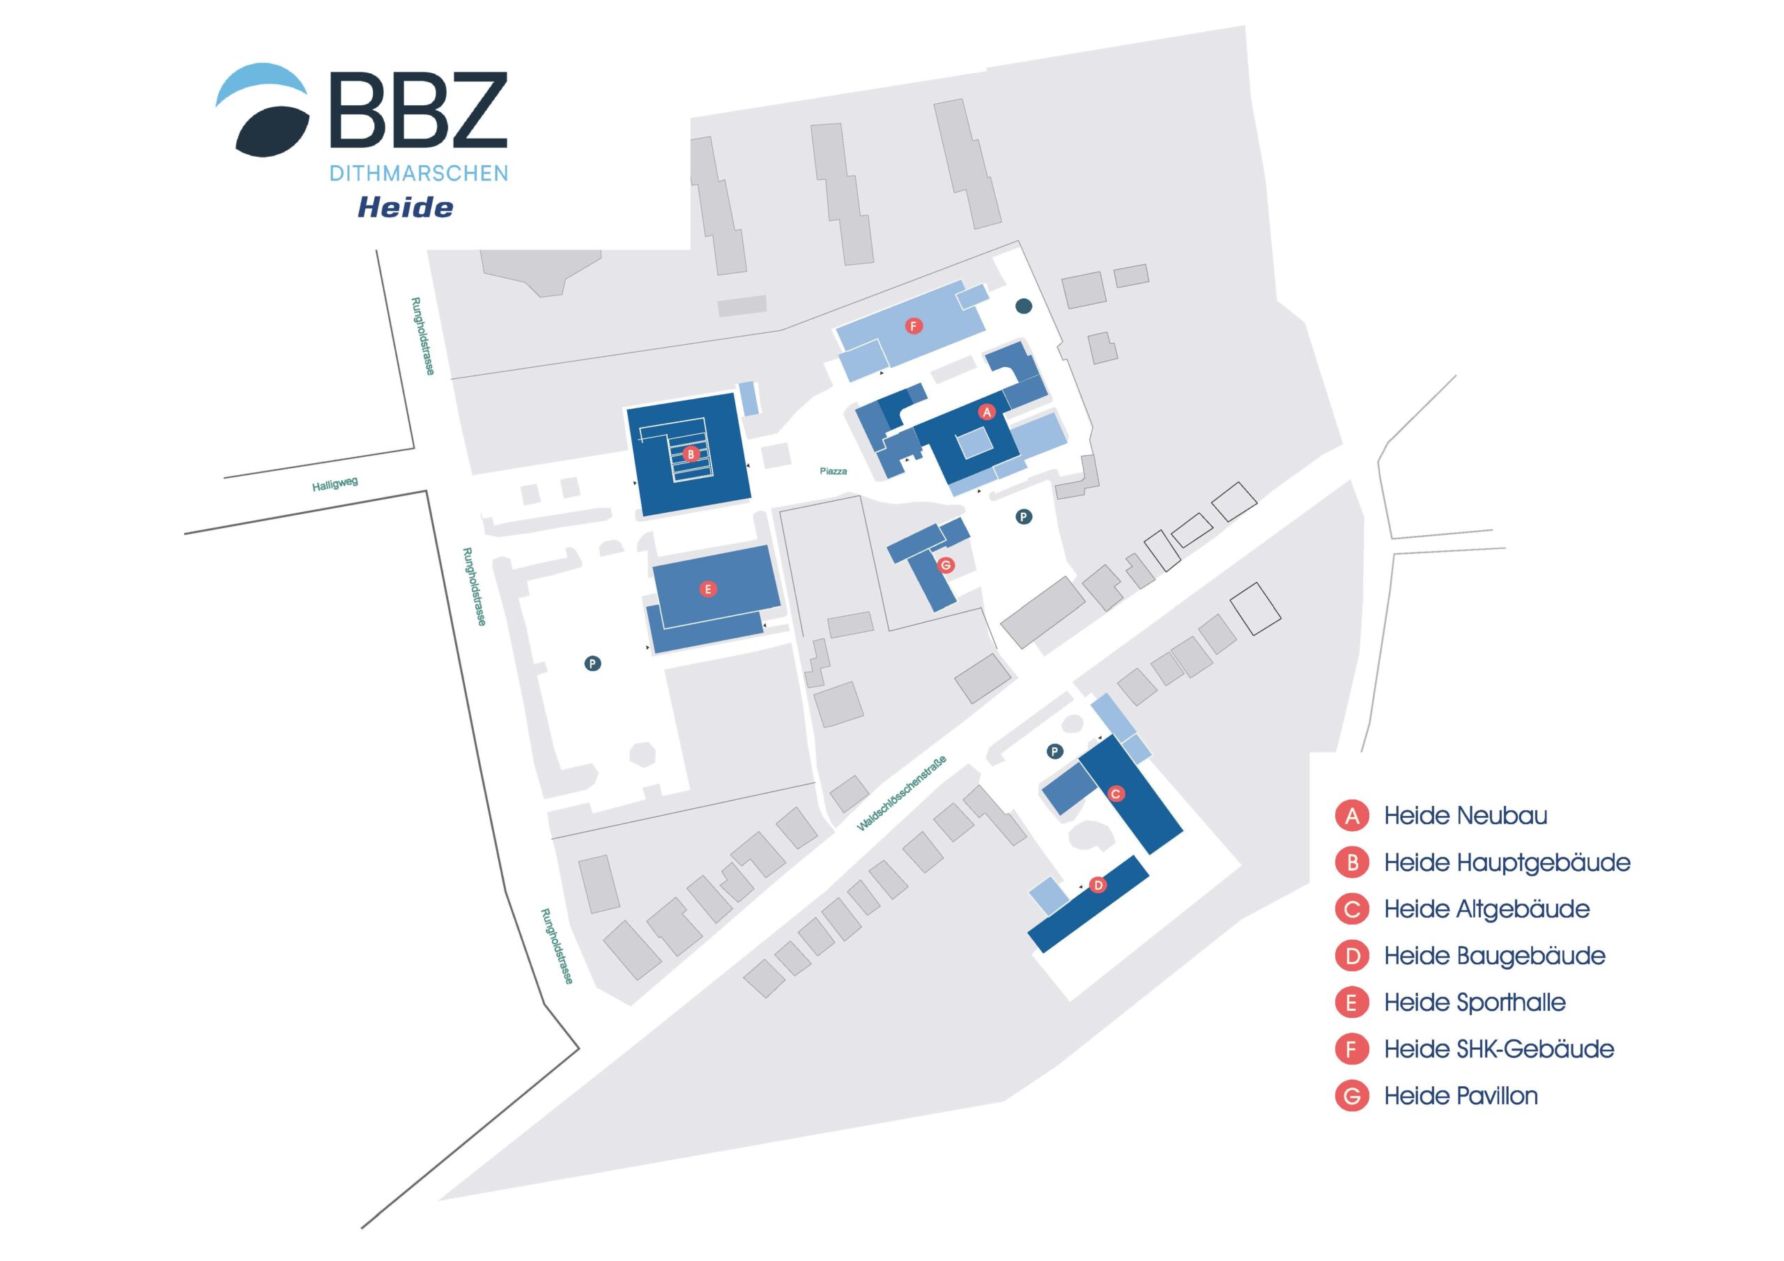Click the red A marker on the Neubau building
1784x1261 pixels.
coord(987,412)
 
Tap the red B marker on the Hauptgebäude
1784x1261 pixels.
coord(690,454)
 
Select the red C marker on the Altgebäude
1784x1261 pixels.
coord(1115,794)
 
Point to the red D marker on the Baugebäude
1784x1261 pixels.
coord(1098,885)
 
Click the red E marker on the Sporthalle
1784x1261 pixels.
coord(708,589)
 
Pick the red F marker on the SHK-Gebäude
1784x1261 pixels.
coord(914,326)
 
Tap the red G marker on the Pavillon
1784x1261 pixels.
coord(946,565)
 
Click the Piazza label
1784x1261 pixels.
coord(833,472)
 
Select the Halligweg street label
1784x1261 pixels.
coord(335,484)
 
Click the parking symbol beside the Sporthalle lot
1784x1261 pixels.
coord(593,663)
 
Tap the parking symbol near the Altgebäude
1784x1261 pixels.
coord(1054,751)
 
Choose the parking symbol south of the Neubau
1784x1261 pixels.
coord(1024,517)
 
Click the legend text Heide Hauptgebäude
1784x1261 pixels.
coord(1507,862)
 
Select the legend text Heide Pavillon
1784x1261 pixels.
coord(1461,1097)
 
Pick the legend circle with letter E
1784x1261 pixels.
coord(1352,1003)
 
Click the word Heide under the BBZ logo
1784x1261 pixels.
coord(405,208)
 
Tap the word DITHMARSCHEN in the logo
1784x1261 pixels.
coord(419,173)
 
